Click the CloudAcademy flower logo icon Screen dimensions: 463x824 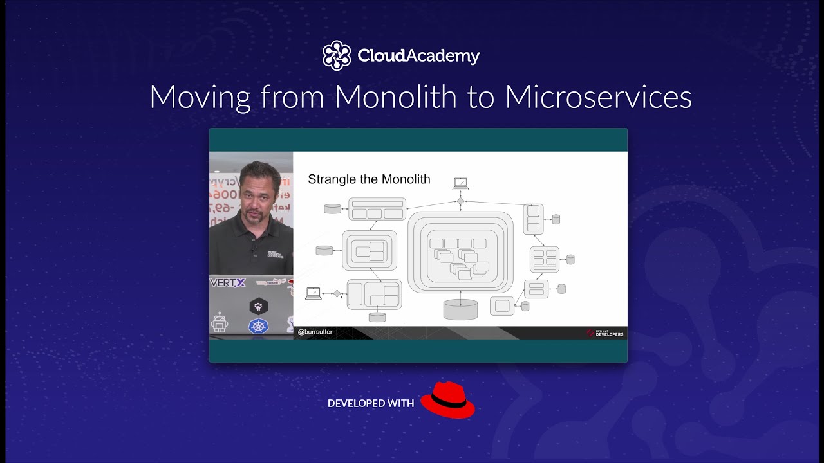(x=337, y=55)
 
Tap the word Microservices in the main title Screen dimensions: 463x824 (x=598, y=97)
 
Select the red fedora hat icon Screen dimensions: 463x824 (x=447, y=400)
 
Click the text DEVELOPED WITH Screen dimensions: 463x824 (x=371, y=404)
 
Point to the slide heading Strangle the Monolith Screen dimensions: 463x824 (x=369, y=179)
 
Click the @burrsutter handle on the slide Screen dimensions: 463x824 (x=315, y=332)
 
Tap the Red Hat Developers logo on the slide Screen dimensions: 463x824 (x=605, y=333)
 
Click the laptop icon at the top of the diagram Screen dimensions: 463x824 (x=460, y=184)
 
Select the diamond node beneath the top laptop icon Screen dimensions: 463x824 (x=460, y=201)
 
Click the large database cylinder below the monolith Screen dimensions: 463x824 (x=461, y=309)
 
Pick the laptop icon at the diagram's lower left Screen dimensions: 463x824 (x=314, y=293)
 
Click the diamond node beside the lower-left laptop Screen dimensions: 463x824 (x=337, y=293)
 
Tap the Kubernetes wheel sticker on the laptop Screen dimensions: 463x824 (x=259, y=326)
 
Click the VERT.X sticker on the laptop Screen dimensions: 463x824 (x=228, y=282)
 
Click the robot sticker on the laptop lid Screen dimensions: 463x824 (x=220, y=322)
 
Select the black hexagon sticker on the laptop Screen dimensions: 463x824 (x=259, y=307)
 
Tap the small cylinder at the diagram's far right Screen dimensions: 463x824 (x=570, y=259)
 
